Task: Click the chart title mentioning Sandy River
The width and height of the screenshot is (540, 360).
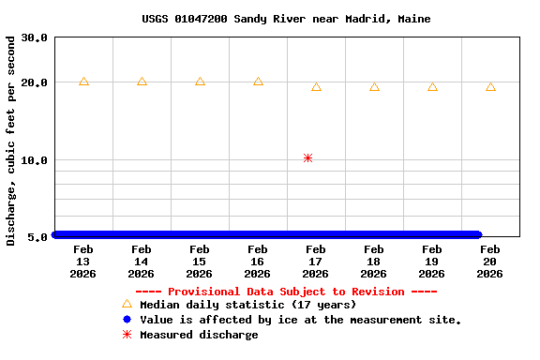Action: [x=286, y=19]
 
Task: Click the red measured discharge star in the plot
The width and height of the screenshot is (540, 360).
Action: [x=307, y=158]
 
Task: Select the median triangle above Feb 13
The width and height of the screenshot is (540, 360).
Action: [x=83, y=82]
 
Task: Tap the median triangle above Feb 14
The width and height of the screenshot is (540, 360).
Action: [x=142, y=82]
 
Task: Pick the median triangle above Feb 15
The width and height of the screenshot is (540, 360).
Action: [x=200, y=82]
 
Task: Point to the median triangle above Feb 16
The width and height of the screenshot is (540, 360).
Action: [x=258, y=82]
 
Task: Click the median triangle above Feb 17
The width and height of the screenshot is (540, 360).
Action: [x=316, y=87]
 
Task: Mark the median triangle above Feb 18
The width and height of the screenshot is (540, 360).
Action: [x=374, y=87]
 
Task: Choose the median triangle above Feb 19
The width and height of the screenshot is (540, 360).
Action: [x=432, y=87]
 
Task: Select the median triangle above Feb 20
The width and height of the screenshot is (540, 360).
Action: [x=490, y=87]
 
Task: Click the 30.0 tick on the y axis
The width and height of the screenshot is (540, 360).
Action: [x=35, y=37]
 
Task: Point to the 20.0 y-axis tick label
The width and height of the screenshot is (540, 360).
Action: [x=35, y=82]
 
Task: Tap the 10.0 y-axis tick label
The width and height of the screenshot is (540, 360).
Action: [x=35, y=160]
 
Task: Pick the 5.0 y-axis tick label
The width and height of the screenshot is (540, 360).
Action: [x=38, y=237]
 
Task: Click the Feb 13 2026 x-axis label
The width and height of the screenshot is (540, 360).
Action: [x=83, y=262]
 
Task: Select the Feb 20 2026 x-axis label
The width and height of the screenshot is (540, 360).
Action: [x=490, y=262]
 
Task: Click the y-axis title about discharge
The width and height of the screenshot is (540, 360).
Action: [x=11, y=141]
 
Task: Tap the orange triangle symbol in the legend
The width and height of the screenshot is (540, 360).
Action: [x=127, y=304]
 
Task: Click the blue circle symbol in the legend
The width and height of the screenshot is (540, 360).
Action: [x=127, y=320]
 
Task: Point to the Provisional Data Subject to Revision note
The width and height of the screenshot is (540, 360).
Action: [x=286, y=292]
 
